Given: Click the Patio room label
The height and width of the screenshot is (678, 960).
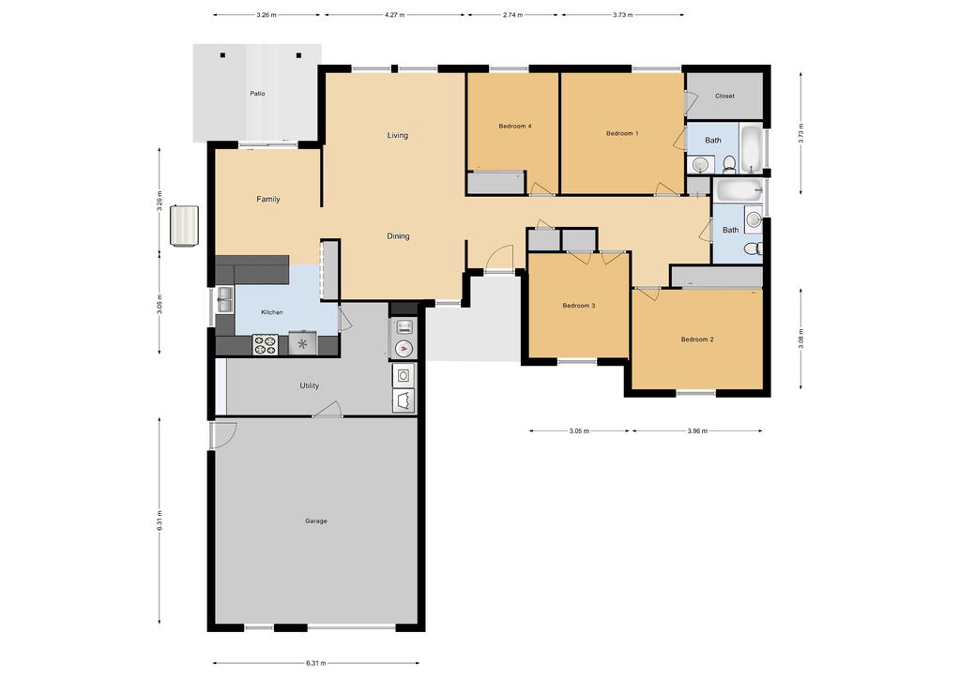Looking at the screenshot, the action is [x=257, y=94].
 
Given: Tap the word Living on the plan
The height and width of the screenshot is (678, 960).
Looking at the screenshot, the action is [x=397, y=135].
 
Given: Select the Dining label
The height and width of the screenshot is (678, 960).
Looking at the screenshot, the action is [x=398, y=236].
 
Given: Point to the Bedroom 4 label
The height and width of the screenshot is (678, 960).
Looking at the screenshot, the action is [x=515, y=126].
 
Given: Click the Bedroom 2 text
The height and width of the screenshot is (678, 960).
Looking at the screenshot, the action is [x=697, y=339].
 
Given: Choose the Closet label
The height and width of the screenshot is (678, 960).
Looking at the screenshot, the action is [x=724, y=96].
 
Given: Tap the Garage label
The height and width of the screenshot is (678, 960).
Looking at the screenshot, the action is [x=316, y=521].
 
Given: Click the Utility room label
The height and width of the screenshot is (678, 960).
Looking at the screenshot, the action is [x=309, y=385].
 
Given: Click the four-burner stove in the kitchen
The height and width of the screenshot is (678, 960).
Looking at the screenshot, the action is [x=265, y=344].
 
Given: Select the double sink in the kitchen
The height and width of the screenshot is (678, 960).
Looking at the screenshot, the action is [x=225, y=300].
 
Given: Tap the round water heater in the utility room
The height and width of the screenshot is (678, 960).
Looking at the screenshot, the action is [x=403, y=349].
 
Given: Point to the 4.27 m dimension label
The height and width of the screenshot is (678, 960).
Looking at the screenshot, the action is [x=395, y=15].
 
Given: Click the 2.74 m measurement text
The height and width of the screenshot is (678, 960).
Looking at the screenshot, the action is [x=513, y=15].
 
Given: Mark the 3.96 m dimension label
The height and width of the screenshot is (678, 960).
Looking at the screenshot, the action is [x=697, y=430].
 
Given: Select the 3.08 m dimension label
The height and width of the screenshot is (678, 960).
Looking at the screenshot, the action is [x=800, y=339].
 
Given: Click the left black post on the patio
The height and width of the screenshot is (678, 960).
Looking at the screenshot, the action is [x=222, y=55].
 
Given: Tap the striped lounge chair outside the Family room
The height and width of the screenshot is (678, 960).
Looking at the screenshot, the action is [x=184, y=226].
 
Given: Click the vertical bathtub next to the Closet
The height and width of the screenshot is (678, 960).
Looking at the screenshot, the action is [x=751, y=149].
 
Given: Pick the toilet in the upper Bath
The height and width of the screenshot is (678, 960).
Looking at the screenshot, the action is [x=729, y=163].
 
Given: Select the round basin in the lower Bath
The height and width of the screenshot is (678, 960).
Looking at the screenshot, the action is [x=754, y=220].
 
